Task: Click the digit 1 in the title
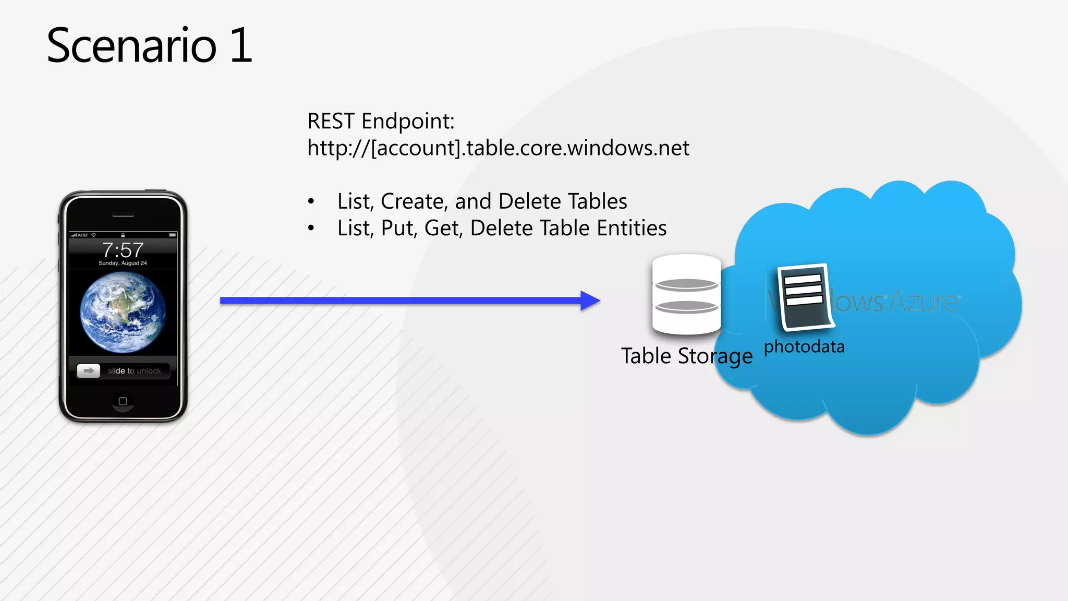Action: click(241, 46)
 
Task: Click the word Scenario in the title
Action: click(131, 46)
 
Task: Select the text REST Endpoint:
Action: click(381, 121)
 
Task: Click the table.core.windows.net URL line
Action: click(498, 148)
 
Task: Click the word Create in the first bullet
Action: click(412, 201)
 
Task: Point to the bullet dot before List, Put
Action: click(311, 228)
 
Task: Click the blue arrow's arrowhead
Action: click(590, 300)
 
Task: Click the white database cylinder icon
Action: click(686, 294)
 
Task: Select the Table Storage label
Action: click(686, 356)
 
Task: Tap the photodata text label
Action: click(804, 347)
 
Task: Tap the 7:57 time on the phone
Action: click(123, 250)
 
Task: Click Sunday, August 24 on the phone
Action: click(123, 263)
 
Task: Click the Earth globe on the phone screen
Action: click(123, 312)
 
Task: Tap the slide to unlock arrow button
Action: click(89, 371)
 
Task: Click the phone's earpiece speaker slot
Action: click(123, 215)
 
